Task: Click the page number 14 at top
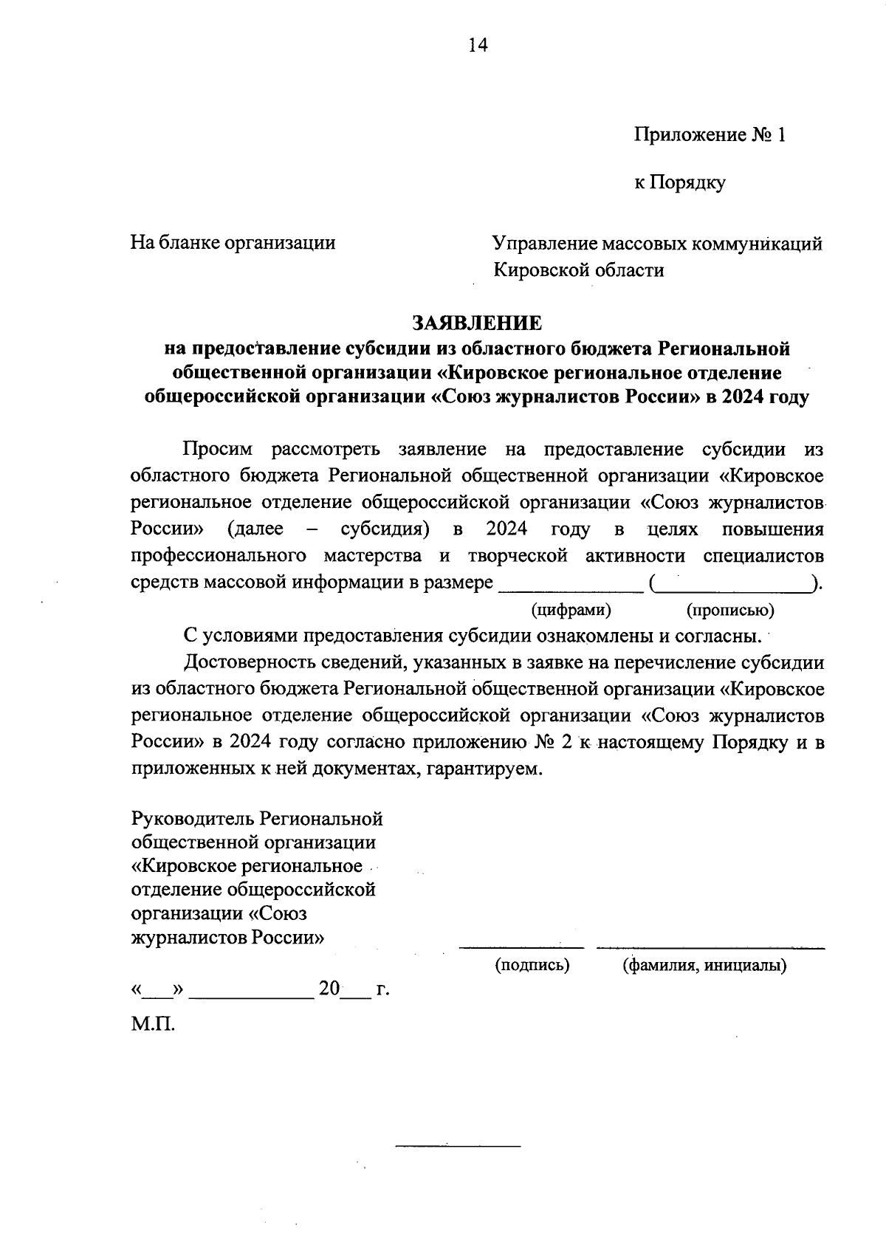click(478, 46)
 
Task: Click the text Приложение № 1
click(710, 135)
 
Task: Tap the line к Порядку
click(679, 182)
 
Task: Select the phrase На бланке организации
click(233, 243)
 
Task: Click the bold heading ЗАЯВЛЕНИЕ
click(476, 323)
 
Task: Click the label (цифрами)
click(571, 610)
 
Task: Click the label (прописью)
click(729, 610)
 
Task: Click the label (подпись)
click(532, 964)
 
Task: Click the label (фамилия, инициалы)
click(704, 964)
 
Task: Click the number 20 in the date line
click(329, 989)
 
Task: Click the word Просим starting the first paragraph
click(219, 449)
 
